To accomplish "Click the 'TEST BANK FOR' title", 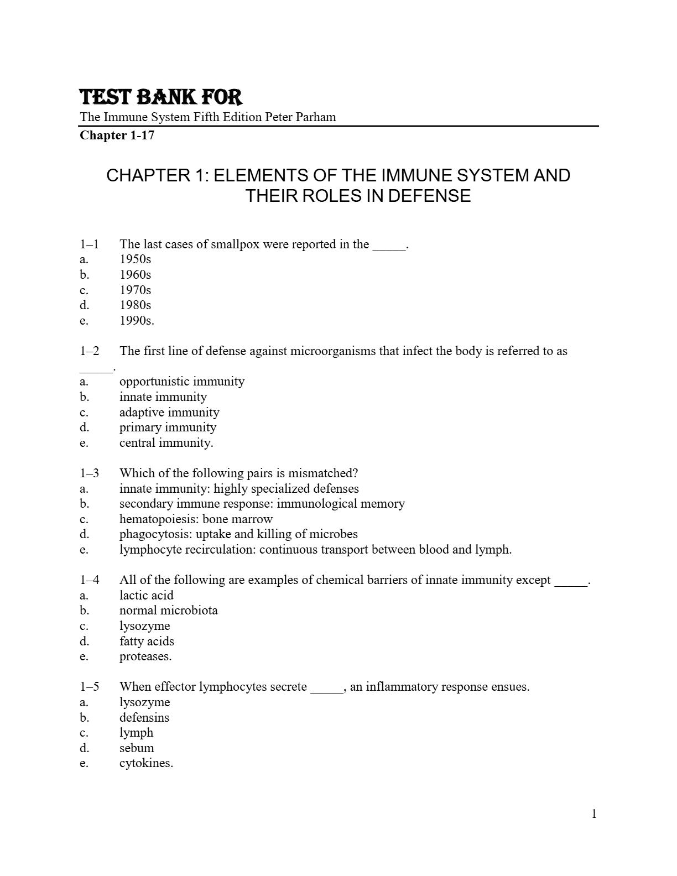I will tap(161, 97).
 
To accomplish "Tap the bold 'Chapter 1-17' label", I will tap(117, 135).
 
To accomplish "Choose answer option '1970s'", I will tap(135, 290).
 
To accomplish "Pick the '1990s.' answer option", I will tap(137, 320).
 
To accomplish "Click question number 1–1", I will tap(90, 244).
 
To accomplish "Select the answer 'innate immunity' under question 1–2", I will tap(163, 397).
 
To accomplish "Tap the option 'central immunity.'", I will tap(166, 442).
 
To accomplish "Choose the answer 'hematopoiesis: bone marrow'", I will tap(196, 519).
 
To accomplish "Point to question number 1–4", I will tap(90, 580).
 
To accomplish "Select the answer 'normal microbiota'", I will tap(168, 611).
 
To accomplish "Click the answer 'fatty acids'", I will tap(147, 642).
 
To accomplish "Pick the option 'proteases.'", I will tap(145, 656).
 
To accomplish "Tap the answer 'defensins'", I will tap(144, 718).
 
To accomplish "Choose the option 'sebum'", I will tap(137, 748).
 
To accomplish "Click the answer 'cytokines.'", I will tap(146, 763).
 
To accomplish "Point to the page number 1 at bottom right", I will tap(594, 814).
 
